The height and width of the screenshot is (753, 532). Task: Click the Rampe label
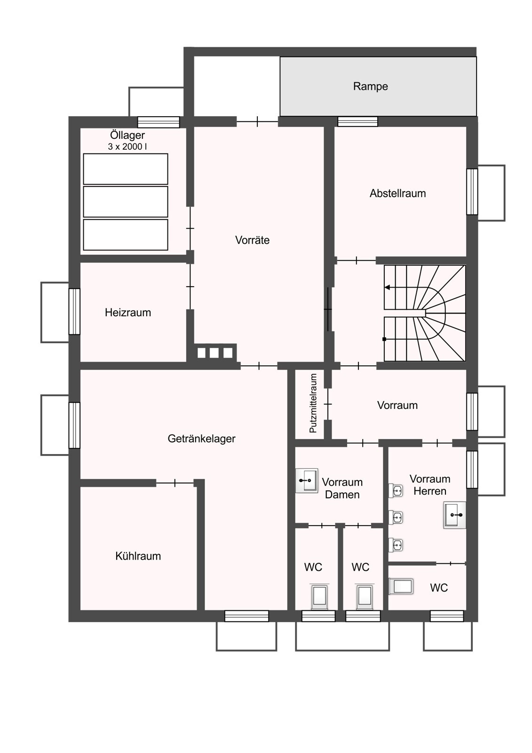(x=370, y=87)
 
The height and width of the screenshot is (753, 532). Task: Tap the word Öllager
(x=127, y=135)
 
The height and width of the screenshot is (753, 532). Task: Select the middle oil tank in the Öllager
(x=125, y=202)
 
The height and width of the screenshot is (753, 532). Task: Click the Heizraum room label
(x=127, y=312)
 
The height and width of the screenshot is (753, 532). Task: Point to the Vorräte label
(x=252, y=240)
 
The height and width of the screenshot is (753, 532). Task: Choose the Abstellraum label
(x=397, y=193)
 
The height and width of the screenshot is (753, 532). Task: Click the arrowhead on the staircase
(x=387, y=288)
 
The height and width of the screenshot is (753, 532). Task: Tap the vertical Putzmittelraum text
(x=313, y=403)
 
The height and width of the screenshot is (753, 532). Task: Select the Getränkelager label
(x=201, y=438)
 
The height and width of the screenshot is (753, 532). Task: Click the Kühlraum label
(x=138, y=556)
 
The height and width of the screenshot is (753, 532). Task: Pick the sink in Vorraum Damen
(x=307, y=481)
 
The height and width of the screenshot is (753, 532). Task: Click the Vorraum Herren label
(x=430, y=485)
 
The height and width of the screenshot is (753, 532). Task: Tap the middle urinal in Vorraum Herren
(x=396, y=517)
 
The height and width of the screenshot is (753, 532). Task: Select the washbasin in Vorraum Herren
(x=455, y=515)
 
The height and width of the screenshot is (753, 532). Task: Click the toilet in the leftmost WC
(x=319, y=596)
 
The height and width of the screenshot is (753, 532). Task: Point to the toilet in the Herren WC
(x=401, y=586)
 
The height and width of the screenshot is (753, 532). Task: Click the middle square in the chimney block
(x=214, y=353)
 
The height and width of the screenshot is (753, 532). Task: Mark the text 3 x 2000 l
(x=127, y=146)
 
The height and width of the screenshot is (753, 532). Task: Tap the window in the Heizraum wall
(x=74, y=312)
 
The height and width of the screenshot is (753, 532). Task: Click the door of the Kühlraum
(x=175, y=483)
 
